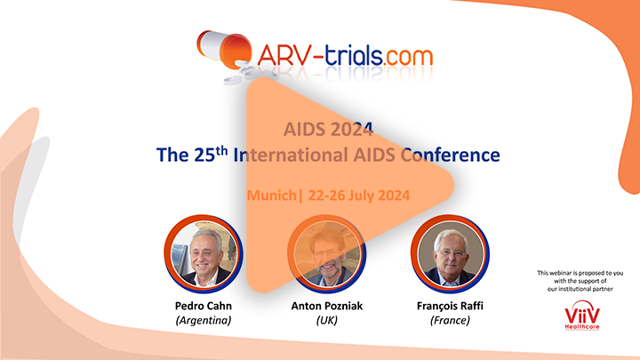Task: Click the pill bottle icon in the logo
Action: [225, 50]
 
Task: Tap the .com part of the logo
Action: [408, 57]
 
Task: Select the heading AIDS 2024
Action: [328, 130]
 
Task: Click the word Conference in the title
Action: [450, 155]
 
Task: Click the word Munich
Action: [271, 195]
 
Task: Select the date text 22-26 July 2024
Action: [359, 195]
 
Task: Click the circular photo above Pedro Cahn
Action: [204, 253]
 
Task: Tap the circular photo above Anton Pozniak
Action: [326, 253]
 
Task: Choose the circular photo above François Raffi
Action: [450, 253]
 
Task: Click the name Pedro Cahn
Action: [204, 306]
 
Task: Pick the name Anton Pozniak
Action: [326, 306]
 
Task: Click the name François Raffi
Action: [450, 306]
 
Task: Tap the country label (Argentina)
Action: [204, 320]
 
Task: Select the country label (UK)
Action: [326, 320]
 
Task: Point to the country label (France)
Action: [450, 320]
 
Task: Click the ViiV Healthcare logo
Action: [582, 315]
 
